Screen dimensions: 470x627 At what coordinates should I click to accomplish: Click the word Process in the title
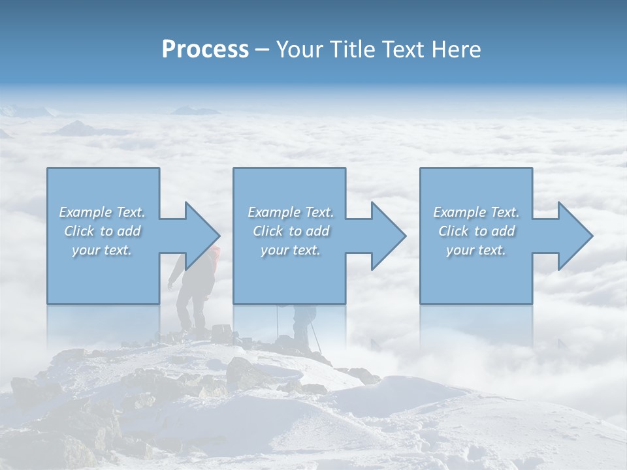click(205, 50)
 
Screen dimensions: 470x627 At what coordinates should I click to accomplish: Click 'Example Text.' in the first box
click(102, 212)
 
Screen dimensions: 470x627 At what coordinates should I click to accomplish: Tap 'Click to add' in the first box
click(102, 231)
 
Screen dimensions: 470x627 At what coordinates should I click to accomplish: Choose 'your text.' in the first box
click(102, 250)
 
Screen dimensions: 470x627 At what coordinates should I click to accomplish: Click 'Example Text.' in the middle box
click(290, 212)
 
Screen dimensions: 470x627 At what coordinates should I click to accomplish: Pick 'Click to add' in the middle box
click(290, 231)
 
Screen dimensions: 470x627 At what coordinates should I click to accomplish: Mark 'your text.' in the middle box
click(290, 250)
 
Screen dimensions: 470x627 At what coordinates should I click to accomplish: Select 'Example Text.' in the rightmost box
click(476, 212)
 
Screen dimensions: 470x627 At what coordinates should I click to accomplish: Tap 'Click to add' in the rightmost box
click(476, 231)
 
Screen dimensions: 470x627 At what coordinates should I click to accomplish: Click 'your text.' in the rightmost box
click(476, 250)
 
